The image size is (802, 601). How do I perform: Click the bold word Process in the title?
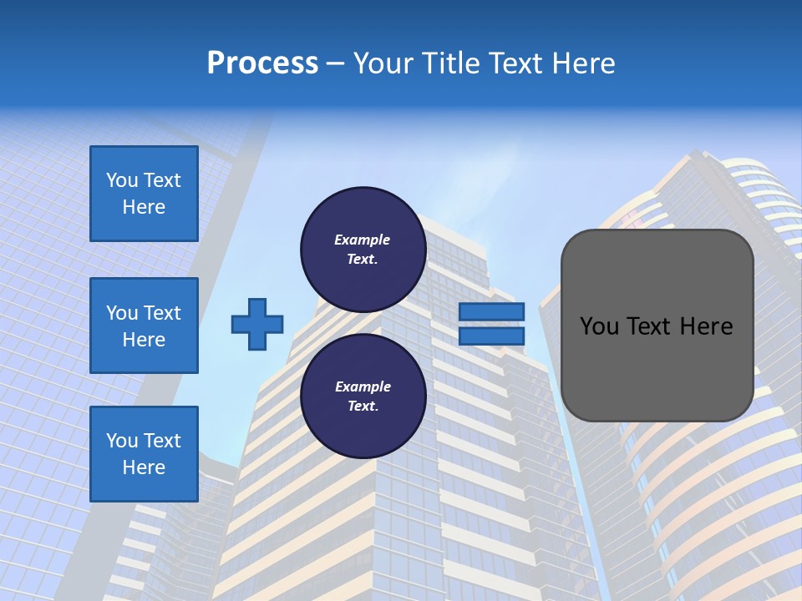coord(262,63)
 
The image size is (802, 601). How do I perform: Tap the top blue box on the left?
coord(144,194)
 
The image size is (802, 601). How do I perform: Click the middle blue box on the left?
coord(144,326)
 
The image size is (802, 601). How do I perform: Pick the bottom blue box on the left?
coord(144,453)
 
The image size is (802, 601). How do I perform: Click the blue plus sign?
coord(256,324)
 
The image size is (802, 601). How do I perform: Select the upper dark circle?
coord(363,250)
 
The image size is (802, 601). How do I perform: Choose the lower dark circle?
coord(363,396)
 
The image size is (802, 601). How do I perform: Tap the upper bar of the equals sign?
coord(491,311)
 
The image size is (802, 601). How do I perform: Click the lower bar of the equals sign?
coord(491,336)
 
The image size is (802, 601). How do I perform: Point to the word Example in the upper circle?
coord(362,240)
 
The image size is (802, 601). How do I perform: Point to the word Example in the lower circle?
coord(363,386)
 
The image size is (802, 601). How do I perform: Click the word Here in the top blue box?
coord(144,207)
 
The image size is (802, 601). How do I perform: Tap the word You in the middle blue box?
coord(121,313)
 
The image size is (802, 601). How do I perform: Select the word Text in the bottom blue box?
coord(162,441)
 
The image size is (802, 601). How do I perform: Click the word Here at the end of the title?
coord(585,63)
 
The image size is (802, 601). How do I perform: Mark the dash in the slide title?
coord(335,63)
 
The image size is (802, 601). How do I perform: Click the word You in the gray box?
coord(599,326)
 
